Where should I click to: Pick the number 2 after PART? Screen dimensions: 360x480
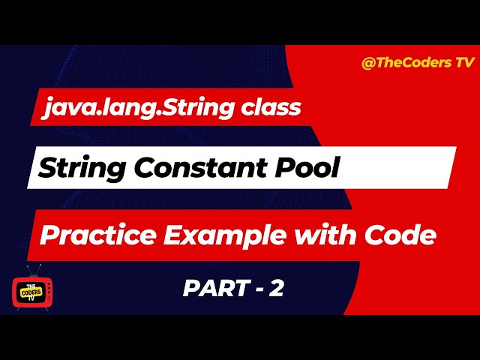tap(276, 289)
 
